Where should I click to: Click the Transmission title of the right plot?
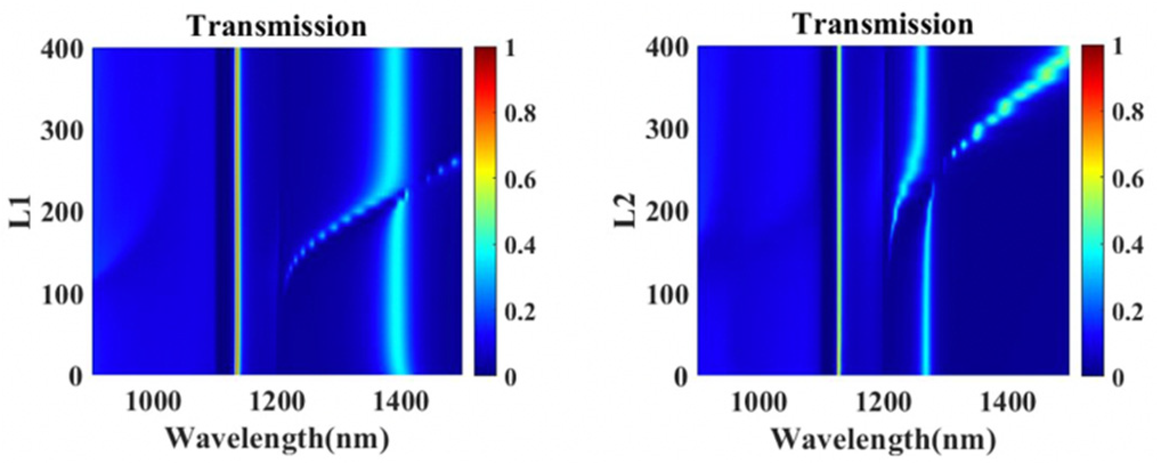tap(883, 24)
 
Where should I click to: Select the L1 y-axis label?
tap(21, 211)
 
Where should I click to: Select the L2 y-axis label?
tap(626, 211)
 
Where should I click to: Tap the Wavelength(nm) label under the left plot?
tap(278, 439)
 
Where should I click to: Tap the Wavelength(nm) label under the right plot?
tap(883, 439)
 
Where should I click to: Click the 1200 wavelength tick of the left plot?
tap(277, 402)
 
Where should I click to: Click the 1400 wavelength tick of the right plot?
tap(1005, 402)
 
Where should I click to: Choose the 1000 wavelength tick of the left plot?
tap(154, 402)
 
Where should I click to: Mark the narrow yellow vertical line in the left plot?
tap(237, 211)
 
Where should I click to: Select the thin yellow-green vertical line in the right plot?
tap(838, 211)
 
